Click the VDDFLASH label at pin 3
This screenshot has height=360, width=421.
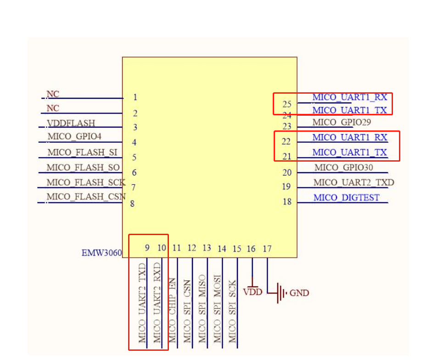(71, 123)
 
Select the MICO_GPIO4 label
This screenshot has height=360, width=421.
(74, 137)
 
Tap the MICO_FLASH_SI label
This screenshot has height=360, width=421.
(82, 152)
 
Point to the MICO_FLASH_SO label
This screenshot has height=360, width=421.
(83, 168)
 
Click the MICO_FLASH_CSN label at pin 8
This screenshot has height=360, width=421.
(86, 197)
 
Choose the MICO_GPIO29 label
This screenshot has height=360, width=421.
(342, 122)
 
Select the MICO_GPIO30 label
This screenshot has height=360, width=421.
(343, 168)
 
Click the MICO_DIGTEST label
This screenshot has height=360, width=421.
(347, 197)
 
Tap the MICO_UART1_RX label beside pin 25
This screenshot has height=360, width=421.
(349, 97)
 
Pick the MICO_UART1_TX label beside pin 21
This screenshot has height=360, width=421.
(349, 152)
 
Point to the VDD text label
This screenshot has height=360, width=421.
(253, 292)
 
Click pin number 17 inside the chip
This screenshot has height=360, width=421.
(267, 249)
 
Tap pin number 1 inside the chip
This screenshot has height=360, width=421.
(135, 97)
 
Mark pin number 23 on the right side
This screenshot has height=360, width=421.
(287, 126)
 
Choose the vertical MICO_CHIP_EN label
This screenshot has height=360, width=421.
(172, 309)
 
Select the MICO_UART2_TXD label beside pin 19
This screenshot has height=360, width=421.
(354, 183)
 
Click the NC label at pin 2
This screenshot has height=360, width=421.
(53, 108)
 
